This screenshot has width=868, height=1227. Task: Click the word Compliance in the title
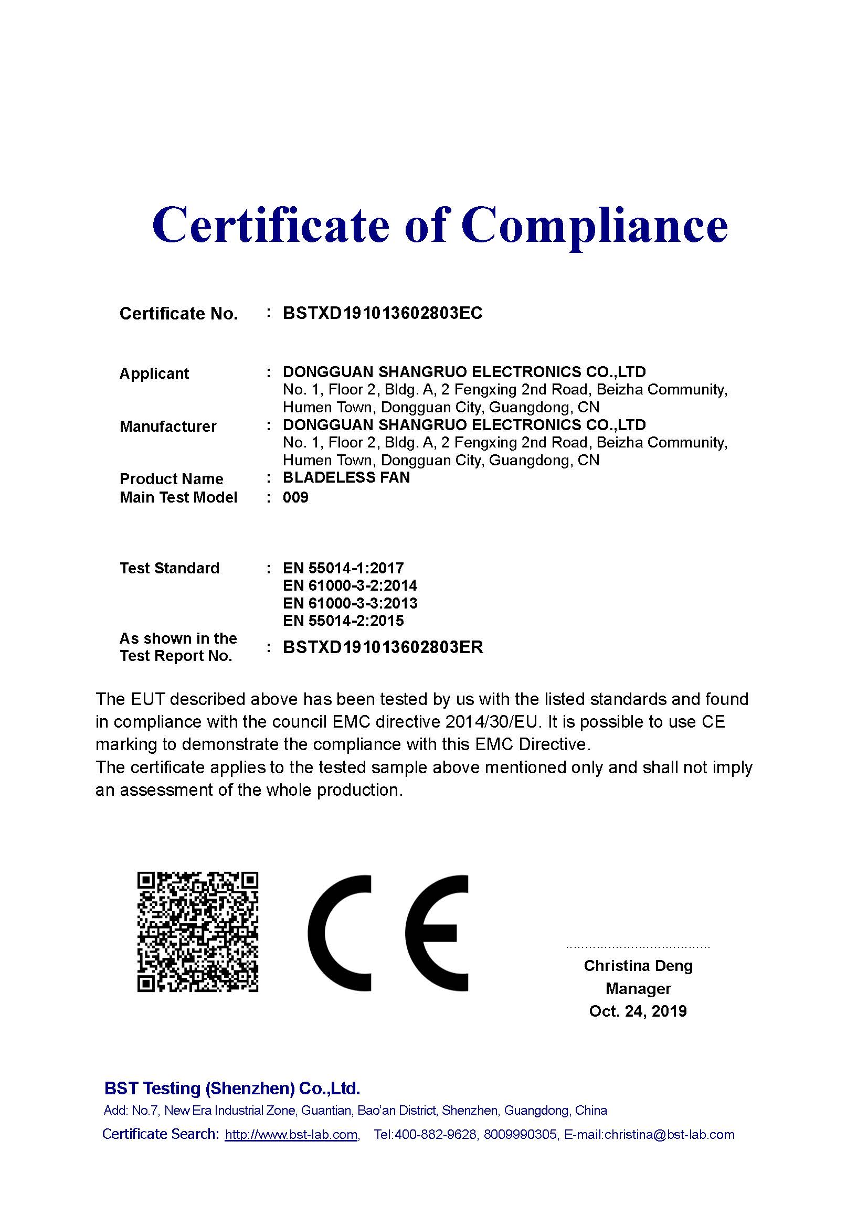point(595,225)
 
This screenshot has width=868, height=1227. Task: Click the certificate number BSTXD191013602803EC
point(382,313)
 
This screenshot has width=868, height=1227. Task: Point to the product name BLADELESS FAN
point(346,477)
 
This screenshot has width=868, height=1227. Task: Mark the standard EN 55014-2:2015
point(343,621)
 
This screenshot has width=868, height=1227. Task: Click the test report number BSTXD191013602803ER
point(383,647)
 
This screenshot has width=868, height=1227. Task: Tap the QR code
point(198,932)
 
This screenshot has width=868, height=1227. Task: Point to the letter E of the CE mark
point(436,933)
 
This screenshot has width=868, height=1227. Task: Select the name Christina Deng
point(638,966)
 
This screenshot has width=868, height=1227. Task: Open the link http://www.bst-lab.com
point(291,1135)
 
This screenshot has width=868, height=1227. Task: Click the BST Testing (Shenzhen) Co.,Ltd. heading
point(232,1088)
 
